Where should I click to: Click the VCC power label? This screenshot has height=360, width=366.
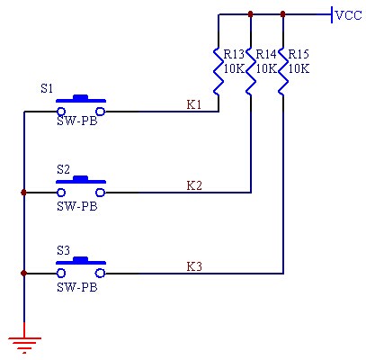(x=349, y=15)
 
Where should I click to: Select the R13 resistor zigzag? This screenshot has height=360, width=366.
(x=219, y=71)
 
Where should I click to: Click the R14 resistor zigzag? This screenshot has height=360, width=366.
(x=251, y=71)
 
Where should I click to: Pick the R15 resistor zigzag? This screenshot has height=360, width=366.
(x=282, y=71)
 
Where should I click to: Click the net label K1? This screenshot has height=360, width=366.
(x=194, y=104)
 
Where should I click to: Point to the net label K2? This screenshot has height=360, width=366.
(x=194, y=185)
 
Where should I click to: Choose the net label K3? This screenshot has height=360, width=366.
(x=194, y=266)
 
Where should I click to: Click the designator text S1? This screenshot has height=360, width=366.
(x=47, y=88)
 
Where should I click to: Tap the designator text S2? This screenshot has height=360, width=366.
(x=63, y=169)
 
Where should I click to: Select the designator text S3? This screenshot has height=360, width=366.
(x=63, y=250)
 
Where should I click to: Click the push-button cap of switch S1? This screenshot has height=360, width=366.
(x=81, y=98)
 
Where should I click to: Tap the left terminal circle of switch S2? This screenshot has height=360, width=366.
(x=61, y=193)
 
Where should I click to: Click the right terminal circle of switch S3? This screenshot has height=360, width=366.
(x=101, y=274)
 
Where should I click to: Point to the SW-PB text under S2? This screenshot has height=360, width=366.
(x=77, y=206)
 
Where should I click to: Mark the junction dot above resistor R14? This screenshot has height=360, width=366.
(x=251, y=13)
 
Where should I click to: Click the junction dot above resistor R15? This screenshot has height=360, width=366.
(x=282, y=13)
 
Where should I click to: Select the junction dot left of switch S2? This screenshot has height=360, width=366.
(x=24, y=193)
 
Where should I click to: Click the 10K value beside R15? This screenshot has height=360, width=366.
(x=299, y=68)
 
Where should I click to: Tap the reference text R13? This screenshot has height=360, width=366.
(x=234, y=54)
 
